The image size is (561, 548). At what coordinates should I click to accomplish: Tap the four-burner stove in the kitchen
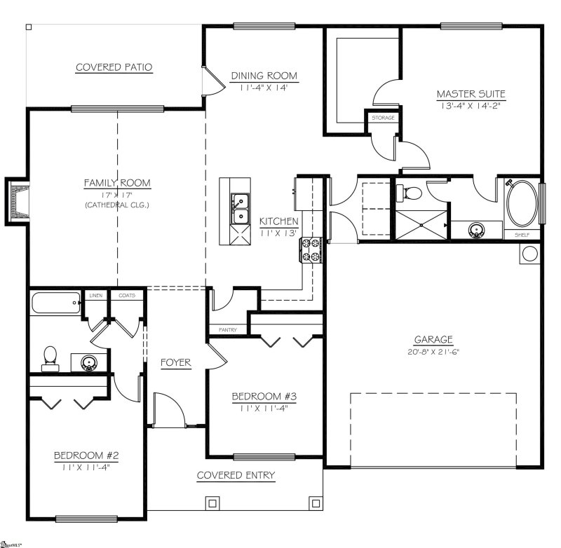(x=311, y=250)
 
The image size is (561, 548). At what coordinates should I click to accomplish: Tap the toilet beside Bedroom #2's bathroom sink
(x=50, y=357)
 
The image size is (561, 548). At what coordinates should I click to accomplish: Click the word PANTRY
(x=228, y=329)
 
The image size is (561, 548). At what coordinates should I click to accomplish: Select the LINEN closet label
(x=95, y=296)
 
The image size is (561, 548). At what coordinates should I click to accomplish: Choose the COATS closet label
(x=126, y=296)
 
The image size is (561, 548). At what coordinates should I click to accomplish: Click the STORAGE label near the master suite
(x=383, y=118)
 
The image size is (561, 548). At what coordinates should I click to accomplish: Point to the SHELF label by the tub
(x=522, y=235)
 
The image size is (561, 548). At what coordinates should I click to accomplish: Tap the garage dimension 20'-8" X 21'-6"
(x=433, y=352)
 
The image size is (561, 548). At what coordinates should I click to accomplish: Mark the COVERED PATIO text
(x=114, y=67)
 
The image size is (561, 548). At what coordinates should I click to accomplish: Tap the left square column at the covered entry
(x=211, y=502)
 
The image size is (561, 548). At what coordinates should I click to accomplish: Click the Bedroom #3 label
(x=265, y=397)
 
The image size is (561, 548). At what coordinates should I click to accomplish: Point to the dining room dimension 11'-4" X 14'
(x=264, y=88)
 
